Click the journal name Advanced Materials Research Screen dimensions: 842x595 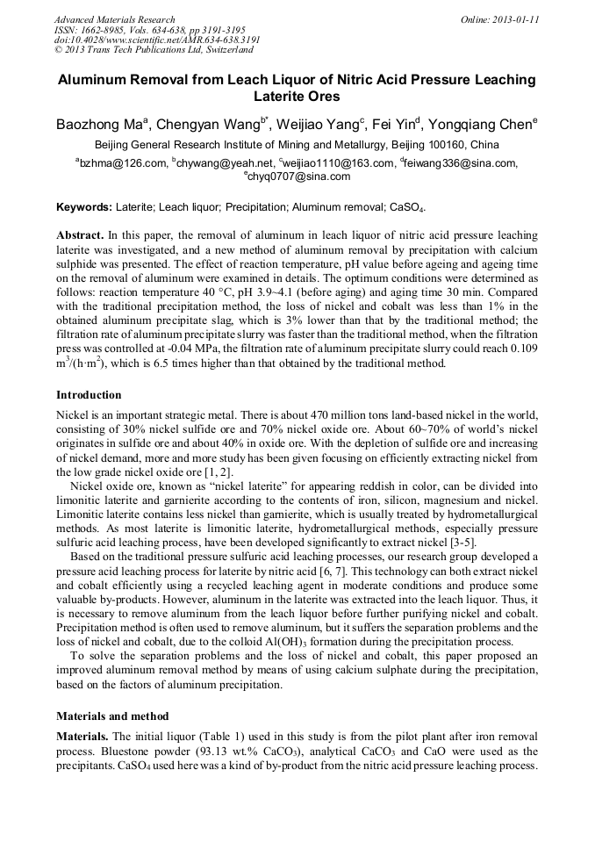(x=114, y=19)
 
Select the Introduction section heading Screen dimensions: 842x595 (x=89, y=395)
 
